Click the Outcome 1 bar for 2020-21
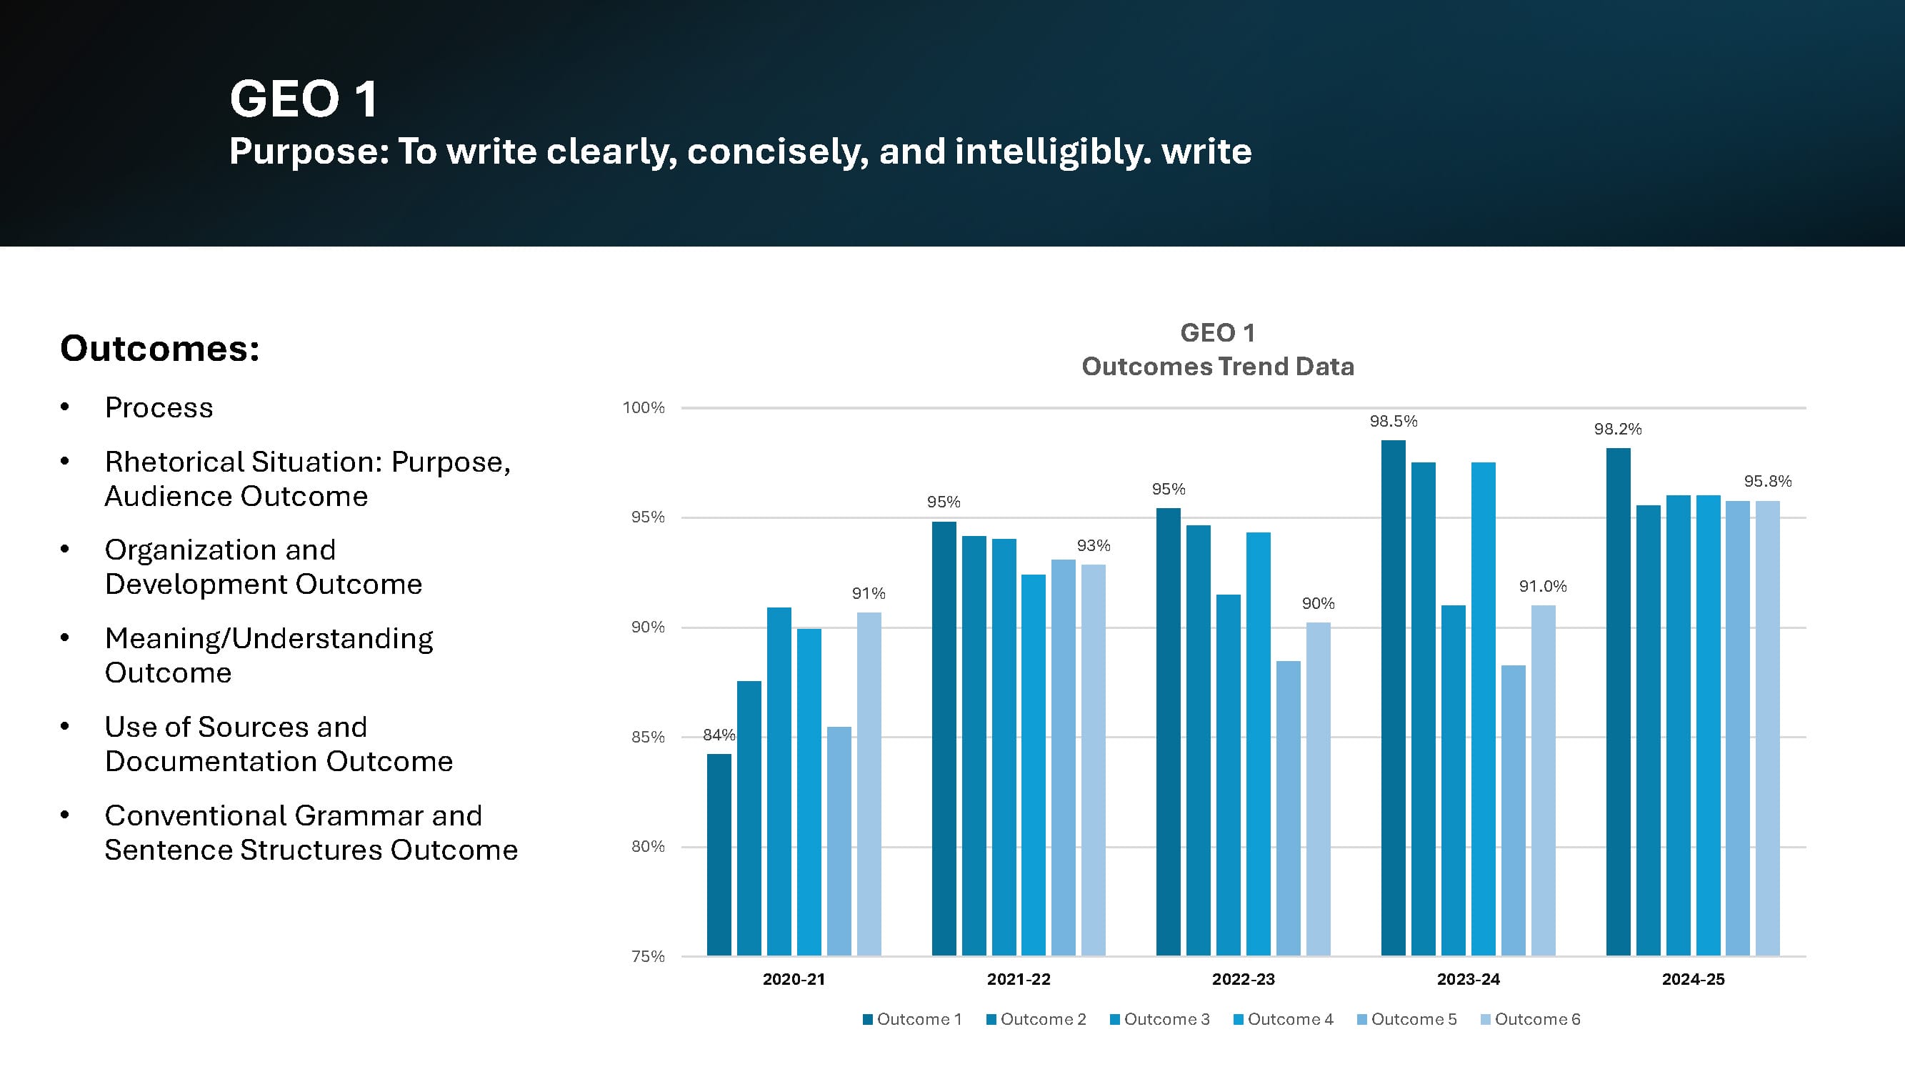tap(719, 855)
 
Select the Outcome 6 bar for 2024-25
tap(1767, 729)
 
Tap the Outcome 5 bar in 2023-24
tap(1513, 810)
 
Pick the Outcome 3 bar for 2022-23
tap(1229, 775)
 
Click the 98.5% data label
tap(1394, 422)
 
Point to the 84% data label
tap(719, 735)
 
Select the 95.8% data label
tap(1767, 482)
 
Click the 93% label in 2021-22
tap(1093, 546)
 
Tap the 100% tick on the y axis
tap(644, 407)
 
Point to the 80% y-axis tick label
tap(647, 846)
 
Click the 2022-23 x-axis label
tap(1243, 980)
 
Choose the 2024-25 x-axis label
tap(1693, 980)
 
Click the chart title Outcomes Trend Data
tap(1217, 367)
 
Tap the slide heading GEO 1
tap(303, 99)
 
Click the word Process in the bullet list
tap(159, 407)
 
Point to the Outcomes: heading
tap(160, 349)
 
